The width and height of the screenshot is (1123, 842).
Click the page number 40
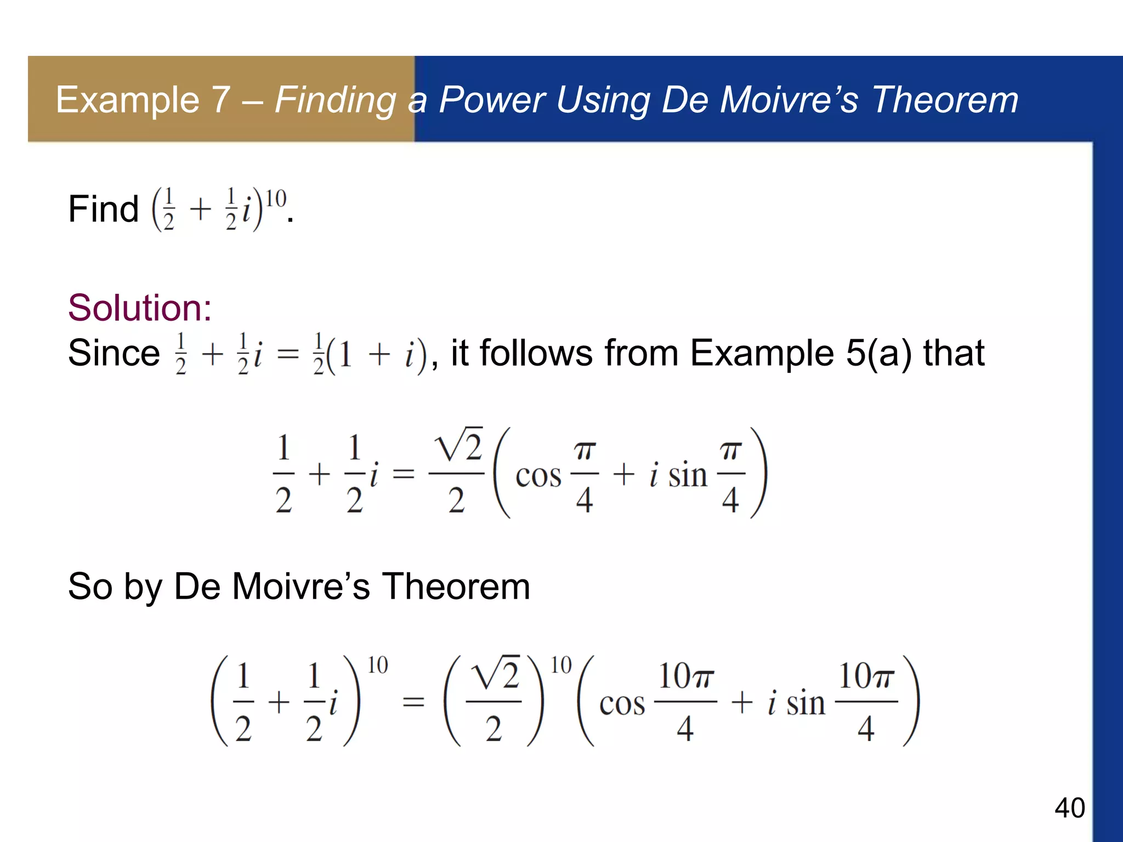point(1069,808)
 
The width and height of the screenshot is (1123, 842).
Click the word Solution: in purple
point(140,308)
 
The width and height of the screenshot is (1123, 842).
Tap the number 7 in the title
point(220,100)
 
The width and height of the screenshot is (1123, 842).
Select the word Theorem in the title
point(945,100)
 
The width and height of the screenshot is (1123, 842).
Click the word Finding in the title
point(335,101)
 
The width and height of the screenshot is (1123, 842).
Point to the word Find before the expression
point(103,209)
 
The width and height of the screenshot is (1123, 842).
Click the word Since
point(114,352)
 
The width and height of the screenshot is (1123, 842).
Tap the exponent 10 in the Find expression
point(276,198)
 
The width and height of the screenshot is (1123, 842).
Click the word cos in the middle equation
point(538,475)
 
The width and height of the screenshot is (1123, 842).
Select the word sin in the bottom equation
point(806,703)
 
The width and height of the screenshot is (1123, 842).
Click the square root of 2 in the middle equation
point(458,445)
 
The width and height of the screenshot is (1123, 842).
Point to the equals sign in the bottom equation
point(413,702)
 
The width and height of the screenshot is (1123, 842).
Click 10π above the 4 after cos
point(686,676)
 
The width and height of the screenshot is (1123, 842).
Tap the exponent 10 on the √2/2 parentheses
point(561,665)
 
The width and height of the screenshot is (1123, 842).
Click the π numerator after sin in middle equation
point(731,451)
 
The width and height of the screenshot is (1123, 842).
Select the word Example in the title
point(128,100)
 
